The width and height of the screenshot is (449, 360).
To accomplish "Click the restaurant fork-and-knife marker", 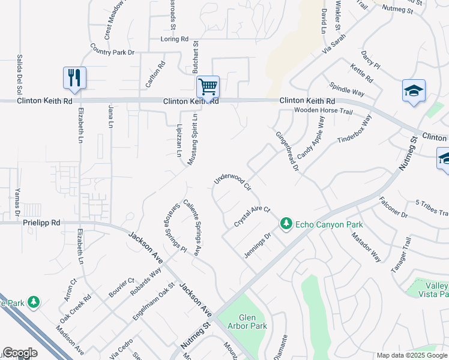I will pos(74,78).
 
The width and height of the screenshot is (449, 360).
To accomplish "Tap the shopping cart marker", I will pos(207,86).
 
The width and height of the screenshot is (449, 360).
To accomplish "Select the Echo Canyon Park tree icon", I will pos(286,224).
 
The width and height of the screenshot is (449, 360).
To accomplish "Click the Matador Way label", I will pos(367,247).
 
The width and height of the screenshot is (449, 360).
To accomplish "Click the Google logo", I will pos(20,353).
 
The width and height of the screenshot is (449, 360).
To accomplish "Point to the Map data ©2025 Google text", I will pos(412,355).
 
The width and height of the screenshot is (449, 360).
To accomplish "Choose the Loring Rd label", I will pos(175,39).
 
